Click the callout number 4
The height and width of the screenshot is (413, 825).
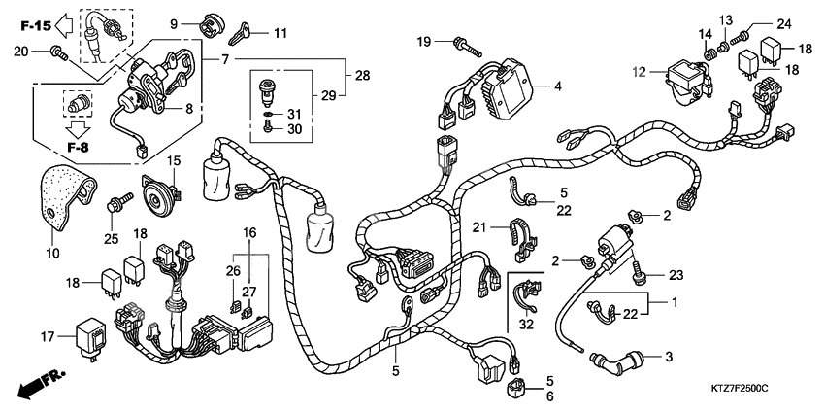click(557, 86)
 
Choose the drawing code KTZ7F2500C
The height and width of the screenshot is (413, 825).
click(739, 388)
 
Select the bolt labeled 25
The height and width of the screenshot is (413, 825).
click(118, 204)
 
